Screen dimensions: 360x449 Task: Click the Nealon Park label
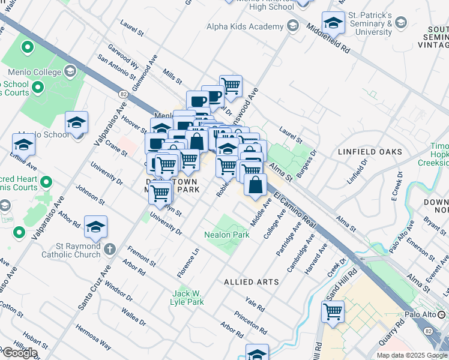[226, 235]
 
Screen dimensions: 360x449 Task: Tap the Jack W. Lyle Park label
[187, 298]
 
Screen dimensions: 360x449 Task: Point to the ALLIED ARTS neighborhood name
[251, 281]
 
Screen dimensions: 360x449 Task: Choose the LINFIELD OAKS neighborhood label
[370, 152]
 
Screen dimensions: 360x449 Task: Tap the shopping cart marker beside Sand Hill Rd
[333, 312]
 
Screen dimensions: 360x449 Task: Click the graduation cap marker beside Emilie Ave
[23, 145]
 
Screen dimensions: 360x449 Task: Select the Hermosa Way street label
[93, 337]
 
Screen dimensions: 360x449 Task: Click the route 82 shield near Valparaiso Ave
[123, 94]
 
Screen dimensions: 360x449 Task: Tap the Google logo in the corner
[20, 353]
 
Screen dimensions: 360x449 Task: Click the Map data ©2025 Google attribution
[411, 355]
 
